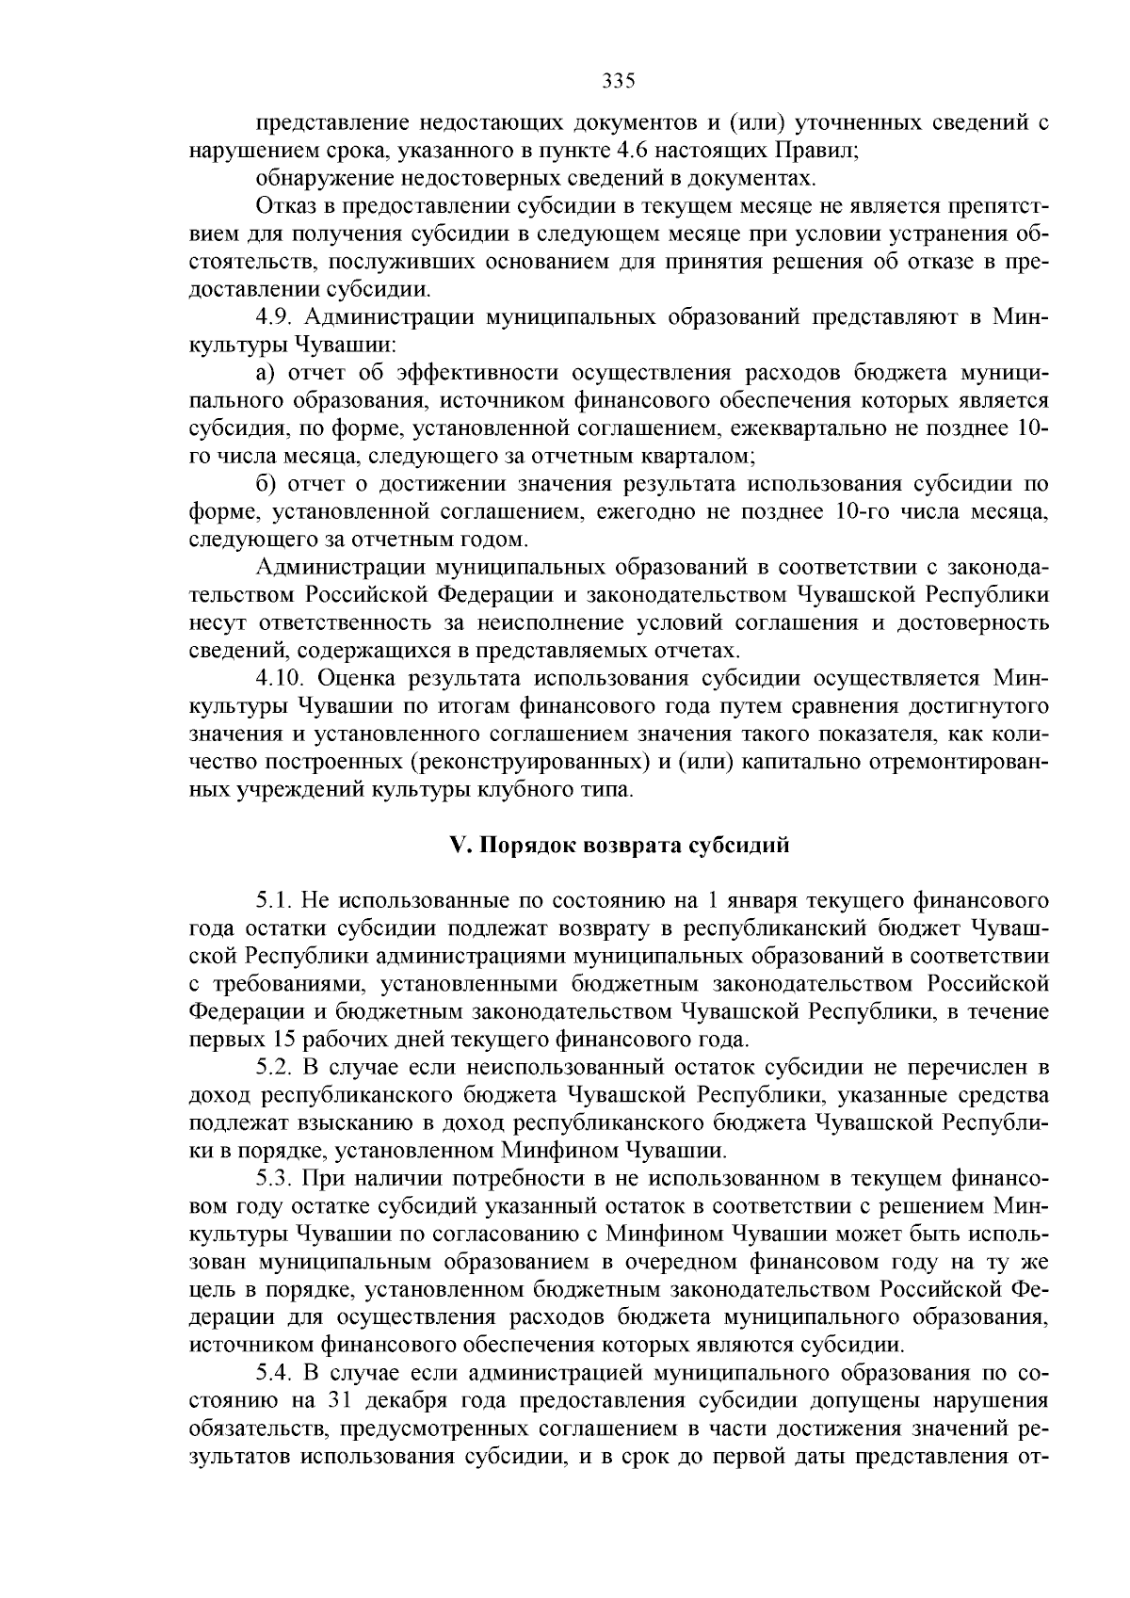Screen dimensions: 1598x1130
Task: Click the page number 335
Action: click(x=619, y=81)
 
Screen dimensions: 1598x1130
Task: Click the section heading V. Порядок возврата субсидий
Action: click(x=619, y=845)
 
